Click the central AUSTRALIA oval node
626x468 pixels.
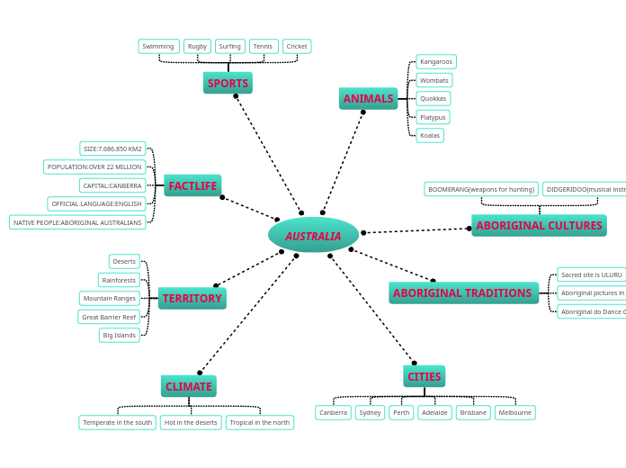(x=313, y=235)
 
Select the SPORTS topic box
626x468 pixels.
(x=228, y=83)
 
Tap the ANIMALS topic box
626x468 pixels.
(x=368, y=98)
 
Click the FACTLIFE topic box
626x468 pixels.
(x=192, y=185)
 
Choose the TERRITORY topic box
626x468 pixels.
(x=192, y=298)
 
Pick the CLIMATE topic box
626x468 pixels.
(x=189, y=386)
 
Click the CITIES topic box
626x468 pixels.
(x=424, y=376)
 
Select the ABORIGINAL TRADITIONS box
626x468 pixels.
(x=462, y=292)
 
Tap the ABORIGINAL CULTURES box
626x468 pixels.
(x=539, y=225)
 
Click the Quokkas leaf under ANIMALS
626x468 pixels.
(x=434, y=98)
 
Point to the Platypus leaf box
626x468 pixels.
(x=433, y=117)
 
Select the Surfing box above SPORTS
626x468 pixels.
(x=229, y=46)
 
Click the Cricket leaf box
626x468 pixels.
(x=297, y=46)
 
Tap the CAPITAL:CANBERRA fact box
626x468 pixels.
(x=112, y=185)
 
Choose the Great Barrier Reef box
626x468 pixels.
(x=109, y=317)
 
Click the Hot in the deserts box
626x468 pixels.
(x=191, y=422)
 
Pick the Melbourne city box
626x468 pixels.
(x=514, y=412)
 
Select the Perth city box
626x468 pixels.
(x=401, y=412)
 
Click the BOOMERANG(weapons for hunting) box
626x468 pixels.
(x=481, y=189)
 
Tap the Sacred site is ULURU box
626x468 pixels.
(x=591, y=274)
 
